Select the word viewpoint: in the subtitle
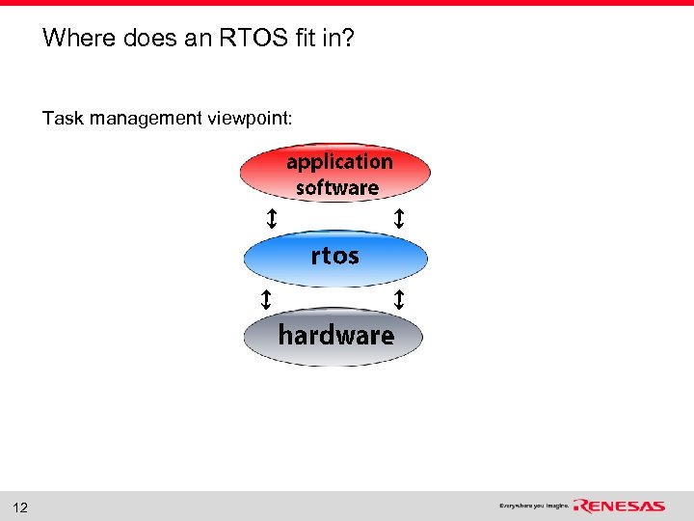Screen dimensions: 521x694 pos(253,119)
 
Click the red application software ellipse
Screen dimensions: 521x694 pos(334,174)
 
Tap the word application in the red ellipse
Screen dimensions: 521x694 pos(339,161)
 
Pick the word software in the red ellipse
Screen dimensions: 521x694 pos(337,187)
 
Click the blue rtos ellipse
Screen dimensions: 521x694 pos(334,257)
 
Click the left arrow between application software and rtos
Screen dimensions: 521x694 pos(272,219)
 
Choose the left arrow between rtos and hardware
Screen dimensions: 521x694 pos(265,299)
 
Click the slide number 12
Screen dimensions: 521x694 pos(21,507)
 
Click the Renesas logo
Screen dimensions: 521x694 pos(619,506)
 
